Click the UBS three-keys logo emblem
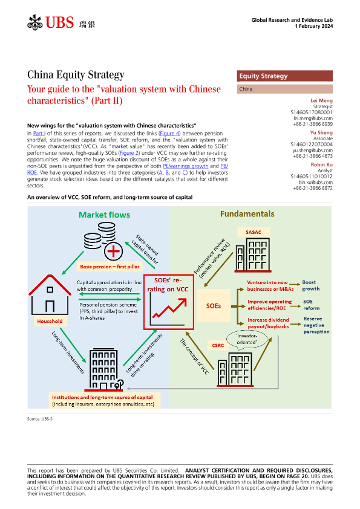[x=34, y=22]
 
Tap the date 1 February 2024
[x=314, y=26]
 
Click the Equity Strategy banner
[x=284, y=76]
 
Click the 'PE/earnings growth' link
[x=186, y=166]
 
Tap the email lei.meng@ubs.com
[x=313, y=118]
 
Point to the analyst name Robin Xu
[x=322, y=164]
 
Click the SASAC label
[x=254, y=232]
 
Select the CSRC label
[x=218, y=345]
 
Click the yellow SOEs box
[x=214, y=306]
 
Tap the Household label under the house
[x=50, y=321]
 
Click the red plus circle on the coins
[x=113, y=251]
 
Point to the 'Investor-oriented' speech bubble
[x=247, y=340]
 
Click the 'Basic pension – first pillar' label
[x=110, y=267]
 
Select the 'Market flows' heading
[x=104, y=215]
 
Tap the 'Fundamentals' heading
[x=247, y=214]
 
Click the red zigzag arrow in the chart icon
[x=170, y=308]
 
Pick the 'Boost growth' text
[x=310, y=286]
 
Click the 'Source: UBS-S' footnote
[x=40, y=419]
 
